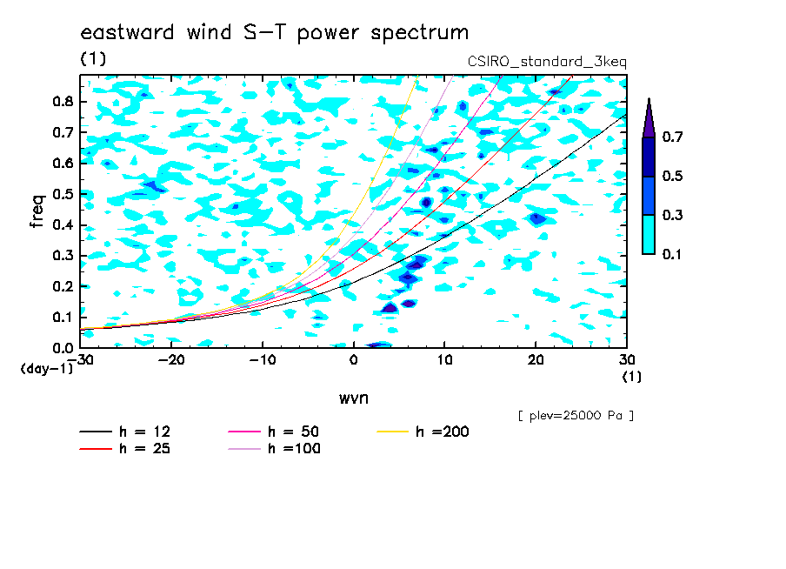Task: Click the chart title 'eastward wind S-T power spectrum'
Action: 275,33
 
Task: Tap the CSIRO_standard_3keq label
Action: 547,62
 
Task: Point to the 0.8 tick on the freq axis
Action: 63,101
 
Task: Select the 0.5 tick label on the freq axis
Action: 63,194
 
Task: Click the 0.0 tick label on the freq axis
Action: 63,348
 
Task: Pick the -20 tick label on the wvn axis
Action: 171,360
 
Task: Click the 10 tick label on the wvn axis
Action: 444,360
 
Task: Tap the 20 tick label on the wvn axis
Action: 536,360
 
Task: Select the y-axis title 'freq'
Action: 37,211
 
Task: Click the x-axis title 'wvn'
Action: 353,398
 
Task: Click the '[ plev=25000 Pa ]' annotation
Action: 576,416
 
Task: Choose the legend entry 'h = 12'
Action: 125,432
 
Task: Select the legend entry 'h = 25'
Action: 125,448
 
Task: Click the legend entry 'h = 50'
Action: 274,432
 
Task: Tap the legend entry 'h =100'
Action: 274,448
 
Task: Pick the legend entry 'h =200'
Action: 423,432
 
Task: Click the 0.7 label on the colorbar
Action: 672,137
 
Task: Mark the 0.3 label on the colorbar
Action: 672,215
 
